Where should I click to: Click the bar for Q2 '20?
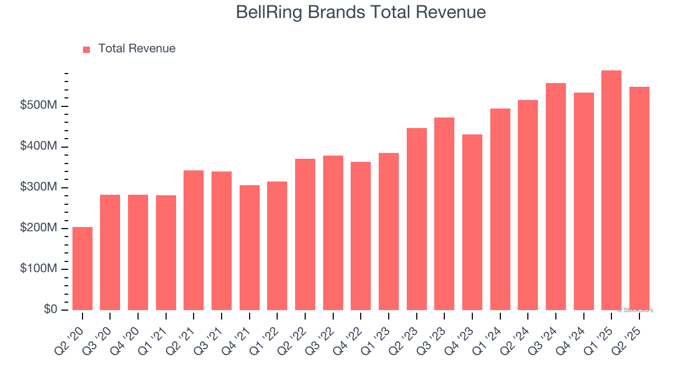[x=83, y=268]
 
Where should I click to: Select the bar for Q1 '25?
[x=611, y=190]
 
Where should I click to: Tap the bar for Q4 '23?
[x=472, y=222]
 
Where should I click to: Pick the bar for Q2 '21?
[x=194, y=240]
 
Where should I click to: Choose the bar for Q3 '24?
[x=556, y=196]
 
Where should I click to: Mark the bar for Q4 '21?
[x=250, y=248]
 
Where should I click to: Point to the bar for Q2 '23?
[x=417, y=219]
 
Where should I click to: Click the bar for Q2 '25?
[x=639, y=198]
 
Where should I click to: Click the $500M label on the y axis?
[x=39, y=106]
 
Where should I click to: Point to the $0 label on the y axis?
[x=50, y=310]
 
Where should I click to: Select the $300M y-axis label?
[x=39, y=187]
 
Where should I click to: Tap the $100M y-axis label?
[x=39, y=269]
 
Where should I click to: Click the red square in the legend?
[x=87, y=49]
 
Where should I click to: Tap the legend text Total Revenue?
[x=136, y=49]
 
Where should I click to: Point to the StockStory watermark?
[x=635, y=310]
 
